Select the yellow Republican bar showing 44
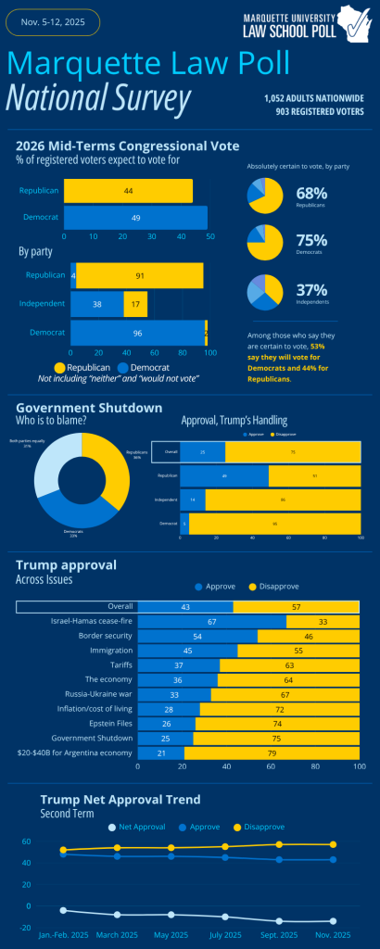(128, 190)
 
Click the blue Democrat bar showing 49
(135, 218)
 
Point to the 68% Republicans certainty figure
(310, 193)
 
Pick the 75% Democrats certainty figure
(310, 241)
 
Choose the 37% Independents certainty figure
(310, 290)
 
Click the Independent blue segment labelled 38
(97, 303)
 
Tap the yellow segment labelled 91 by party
(139, 275)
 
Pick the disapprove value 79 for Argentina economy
(272, 753)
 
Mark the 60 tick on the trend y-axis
(27, 841)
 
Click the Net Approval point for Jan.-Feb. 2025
(63, 910)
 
